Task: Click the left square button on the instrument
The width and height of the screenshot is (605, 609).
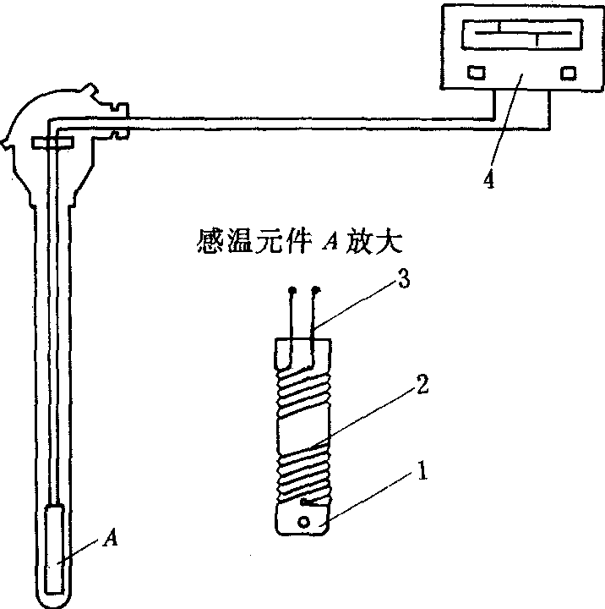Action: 477,72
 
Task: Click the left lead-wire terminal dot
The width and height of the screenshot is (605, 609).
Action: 292,292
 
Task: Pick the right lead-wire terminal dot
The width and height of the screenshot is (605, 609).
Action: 317,291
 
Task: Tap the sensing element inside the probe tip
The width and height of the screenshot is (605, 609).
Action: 57,548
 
